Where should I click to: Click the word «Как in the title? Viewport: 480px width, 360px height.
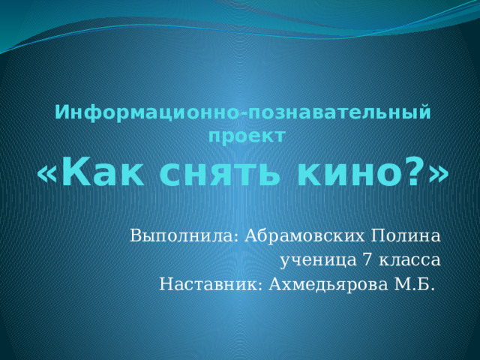click(85, 174)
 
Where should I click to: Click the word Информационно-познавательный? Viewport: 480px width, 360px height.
click(244, 113)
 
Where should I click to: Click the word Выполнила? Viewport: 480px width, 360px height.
click(182, 236)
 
